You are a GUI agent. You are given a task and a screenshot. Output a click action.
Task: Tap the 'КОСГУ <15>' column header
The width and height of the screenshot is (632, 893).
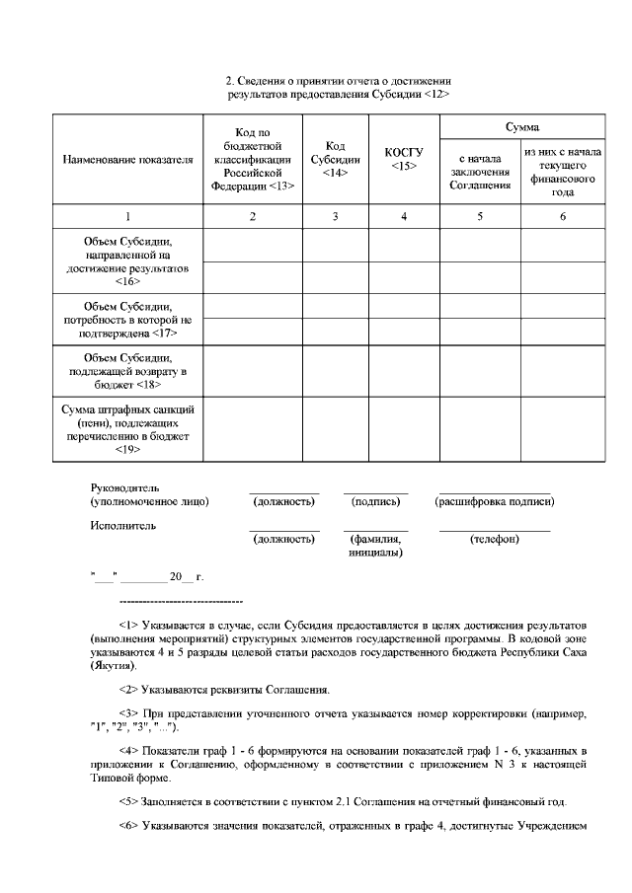coord(403,159)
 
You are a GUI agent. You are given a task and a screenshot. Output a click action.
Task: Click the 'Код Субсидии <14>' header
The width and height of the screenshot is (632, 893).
coord(335,159)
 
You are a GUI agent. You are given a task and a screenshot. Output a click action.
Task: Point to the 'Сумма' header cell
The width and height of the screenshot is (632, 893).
coord(521,127)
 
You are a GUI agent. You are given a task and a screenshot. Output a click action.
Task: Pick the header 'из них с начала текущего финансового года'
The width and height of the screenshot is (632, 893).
coord(562,173)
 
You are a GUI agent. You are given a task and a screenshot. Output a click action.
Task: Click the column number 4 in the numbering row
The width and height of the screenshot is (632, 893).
coord(403,216)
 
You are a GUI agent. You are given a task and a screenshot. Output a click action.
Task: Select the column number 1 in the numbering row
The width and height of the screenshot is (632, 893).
coord(127,216)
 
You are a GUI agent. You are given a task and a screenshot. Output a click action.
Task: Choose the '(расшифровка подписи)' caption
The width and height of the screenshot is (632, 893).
coord(494,502)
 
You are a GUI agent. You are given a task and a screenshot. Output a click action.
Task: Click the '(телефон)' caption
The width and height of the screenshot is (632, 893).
coord(494,540)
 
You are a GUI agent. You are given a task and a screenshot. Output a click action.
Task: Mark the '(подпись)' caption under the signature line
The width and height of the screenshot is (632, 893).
coord(375,502)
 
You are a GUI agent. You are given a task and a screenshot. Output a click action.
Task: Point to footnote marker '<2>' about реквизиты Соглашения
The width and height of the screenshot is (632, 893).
coord(128,689)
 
